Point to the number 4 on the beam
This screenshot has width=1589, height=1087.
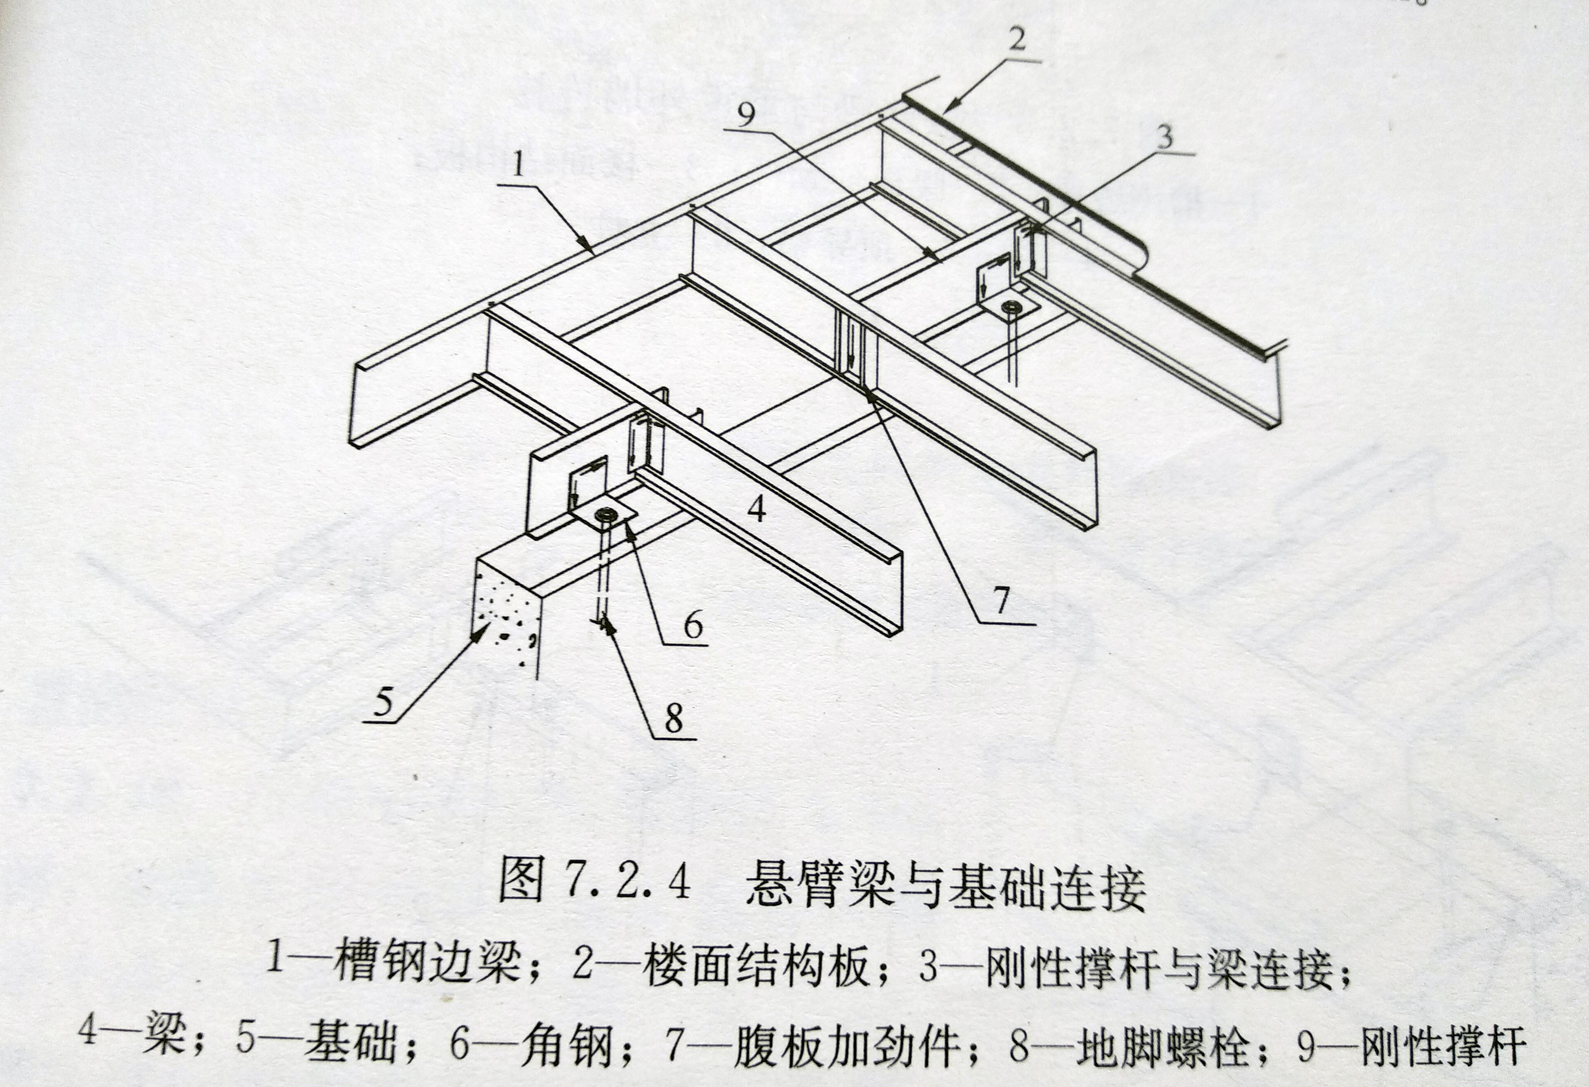(x=757, y=510)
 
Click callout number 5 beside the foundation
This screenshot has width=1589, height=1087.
(x=384, y=701)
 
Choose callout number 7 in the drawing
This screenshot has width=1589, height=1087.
(x=1002, y=601)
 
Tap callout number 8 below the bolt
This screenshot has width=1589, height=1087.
(x=674, y=718)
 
